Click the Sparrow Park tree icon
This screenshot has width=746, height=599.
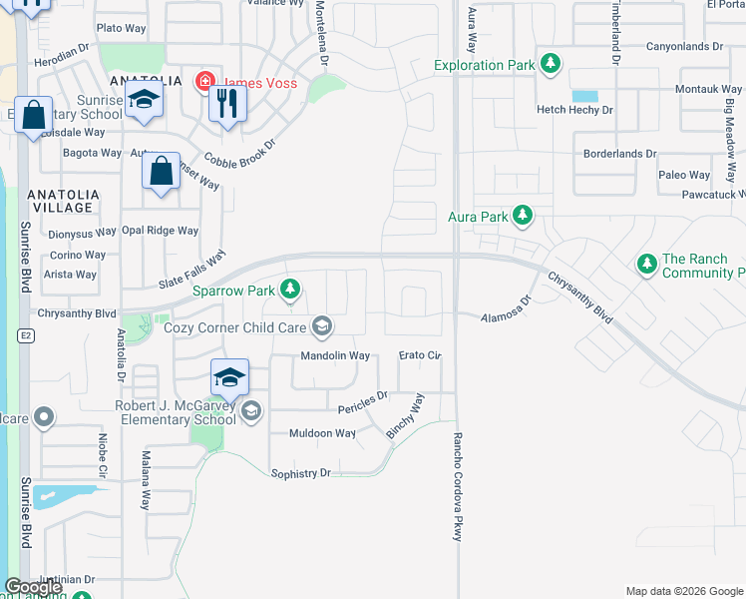click(289, 291)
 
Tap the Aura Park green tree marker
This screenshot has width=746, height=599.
click(521, 216)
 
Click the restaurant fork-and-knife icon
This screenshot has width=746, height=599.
click(227, 103)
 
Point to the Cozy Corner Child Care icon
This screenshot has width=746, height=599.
click(321, 326)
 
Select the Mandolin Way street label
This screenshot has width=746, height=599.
click(335, 355)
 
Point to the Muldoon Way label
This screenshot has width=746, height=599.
click(322, 433)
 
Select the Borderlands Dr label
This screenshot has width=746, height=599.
click(619, 154)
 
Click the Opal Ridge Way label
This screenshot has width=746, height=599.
click(160, 231)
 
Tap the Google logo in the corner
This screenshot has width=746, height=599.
click(33, 587)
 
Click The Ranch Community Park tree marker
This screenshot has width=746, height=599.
click(646, 265)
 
